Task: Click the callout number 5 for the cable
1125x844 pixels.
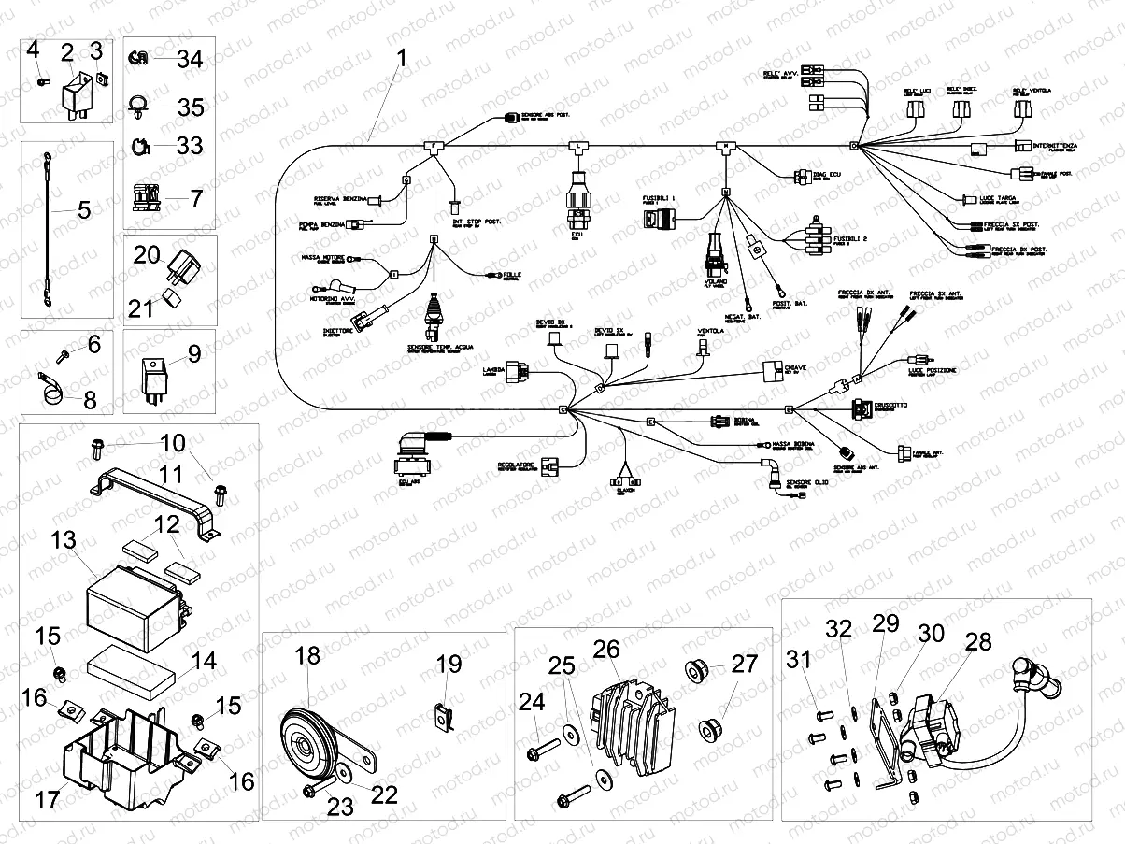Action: pyautogui.click(x=84, y=209)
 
